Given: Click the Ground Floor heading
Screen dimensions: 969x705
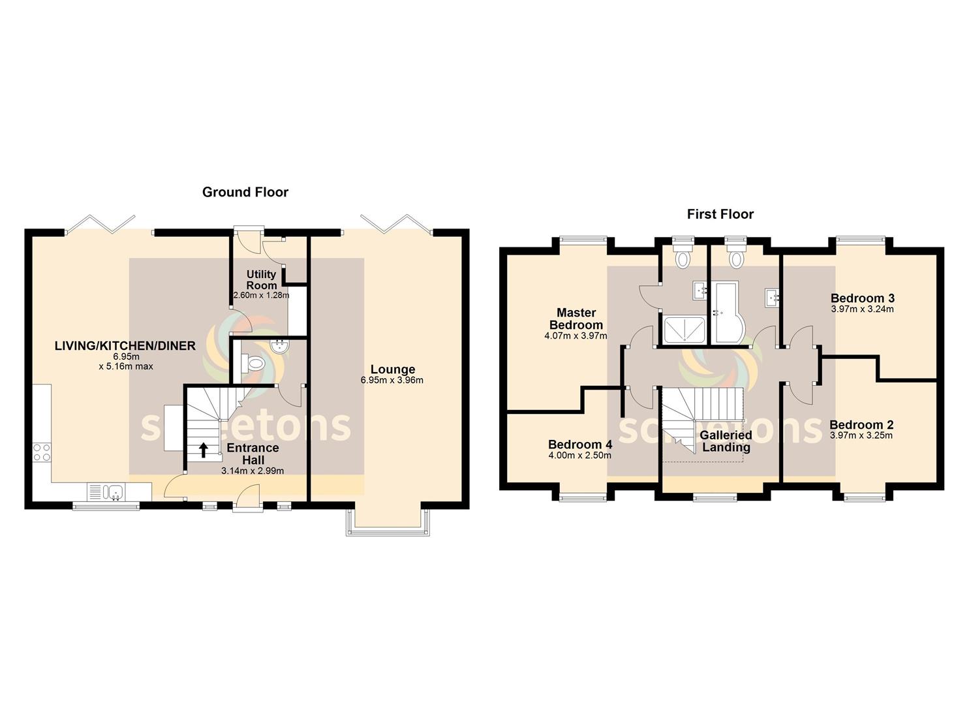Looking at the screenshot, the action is pos(245,192).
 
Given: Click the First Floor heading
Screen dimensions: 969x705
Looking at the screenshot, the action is pos(720,214).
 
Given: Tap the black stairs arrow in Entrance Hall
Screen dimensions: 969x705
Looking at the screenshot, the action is pos(203,450).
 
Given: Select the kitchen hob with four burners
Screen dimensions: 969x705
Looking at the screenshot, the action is pos(42,452).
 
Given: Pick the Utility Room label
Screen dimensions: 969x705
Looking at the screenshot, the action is pos(261,280).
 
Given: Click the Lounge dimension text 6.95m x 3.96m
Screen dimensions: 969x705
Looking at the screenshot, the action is pos(392,381).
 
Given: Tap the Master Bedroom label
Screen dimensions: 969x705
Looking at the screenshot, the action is pos(576,319).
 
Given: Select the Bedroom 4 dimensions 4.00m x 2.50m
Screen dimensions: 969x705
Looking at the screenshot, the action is pos(579,455).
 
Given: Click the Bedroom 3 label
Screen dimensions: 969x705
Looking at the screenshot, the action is pos(863,298).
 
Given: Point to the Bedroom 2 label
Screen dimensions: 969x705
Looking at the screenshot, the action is pos(861,425).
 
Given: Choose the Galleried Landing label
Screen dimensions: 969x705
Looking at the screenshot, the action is pos(726,441).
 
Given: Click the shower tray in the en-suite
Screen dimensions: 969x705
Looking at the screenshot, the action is pos(684,330).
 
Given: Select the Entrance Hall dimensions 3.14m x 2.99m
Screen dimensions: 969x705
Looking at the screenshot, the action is pos(253,471).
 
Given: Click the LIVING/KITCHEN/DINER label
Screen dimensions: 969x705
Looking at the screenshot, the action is pos(125,346).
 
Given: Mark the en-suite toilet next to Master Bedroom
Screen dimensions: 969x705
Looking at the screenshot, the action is pos(683,255).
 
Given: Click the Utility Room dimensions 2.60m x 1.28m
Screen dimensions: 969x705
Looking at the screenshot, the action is pos(261,296).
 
